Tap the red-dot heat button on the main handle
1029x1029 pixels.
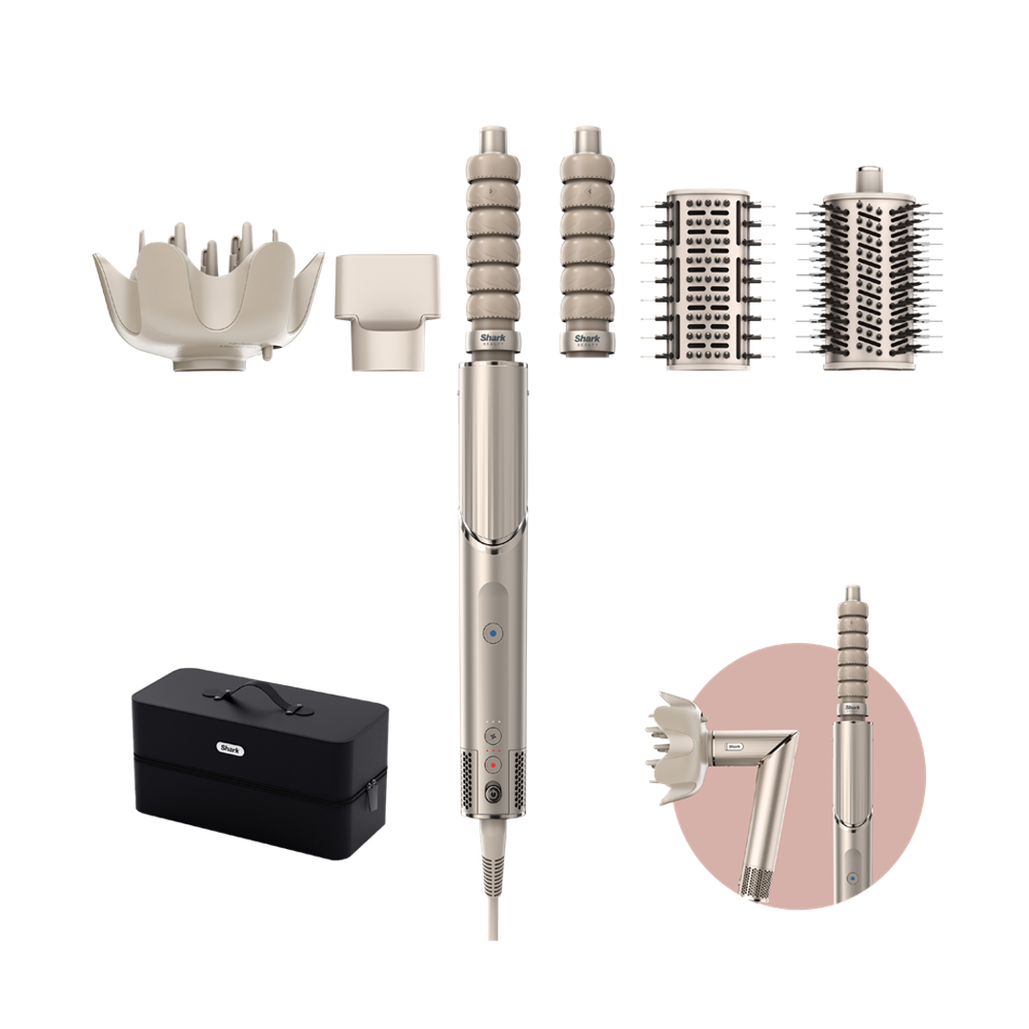(x=493, y=764)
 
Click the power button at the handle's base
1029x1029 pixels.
(x=493, y=791)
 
